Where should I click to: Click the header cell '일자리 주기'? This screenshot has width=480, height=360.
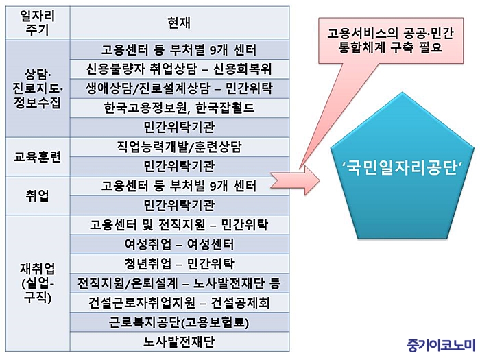point(38,23)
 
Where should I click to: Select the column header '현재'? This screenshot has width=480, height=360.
point(180,23)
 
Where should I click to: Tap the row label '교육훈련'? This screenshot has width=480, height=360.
point(38,157)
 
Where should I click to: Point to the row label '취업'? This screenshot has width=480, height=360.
point(38,195)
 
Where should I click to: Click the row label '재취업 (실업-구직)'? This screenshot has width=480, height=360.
point(38,283)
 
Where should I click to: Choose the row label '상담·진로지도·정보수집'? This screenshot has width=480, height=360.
point(38,88)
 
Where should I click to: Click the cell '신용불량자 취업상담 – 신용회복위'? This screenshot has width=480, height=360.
point(180,69)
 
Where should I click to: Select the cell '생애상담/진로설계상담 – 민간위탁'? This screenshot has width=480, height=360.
point(180,88)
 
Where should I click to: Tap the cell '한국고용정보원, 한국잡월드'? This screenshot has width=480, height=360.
point(180,108)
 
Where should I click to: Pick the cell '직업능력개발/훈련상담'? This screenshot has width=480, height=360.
point(180,147)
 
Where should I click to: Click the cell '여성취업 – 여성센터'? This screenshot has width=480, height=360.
point(180,244)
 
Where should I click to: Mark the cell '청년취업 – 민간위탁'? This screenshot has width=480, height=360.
point(180,263)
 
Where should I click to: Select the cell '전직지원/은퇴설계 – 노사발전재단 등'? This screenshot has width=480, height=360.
point(180,283)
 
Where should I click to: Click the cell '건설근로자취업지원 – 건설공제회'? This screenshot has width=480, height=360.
point(180,303)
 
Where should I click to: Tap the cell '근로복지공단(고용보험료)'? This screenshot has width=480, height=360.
point(180,322)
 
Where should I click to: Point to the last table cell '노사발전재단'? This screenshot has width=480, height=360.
point(180,341)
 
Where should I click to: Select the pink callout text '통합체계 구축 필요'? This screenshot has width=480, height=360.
point(391,47)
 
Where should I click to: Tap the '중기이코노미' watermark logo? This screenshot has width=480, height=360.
point(441,345)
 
